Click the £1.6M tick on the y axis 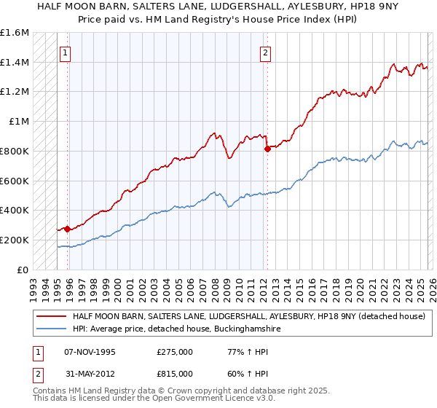coord(15,33)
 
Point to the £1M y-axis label coord(18,122)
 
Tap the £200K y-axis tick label coord(15,240)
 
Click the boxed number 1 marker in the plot coord(66,52)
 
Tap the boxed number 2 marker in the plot coord(266,52)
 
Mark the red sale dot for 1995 coord(68,229)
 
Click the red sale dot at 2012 coord(267,149)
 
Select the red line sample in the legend coord(50,317)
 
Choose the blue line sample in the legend coord(50,329)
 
